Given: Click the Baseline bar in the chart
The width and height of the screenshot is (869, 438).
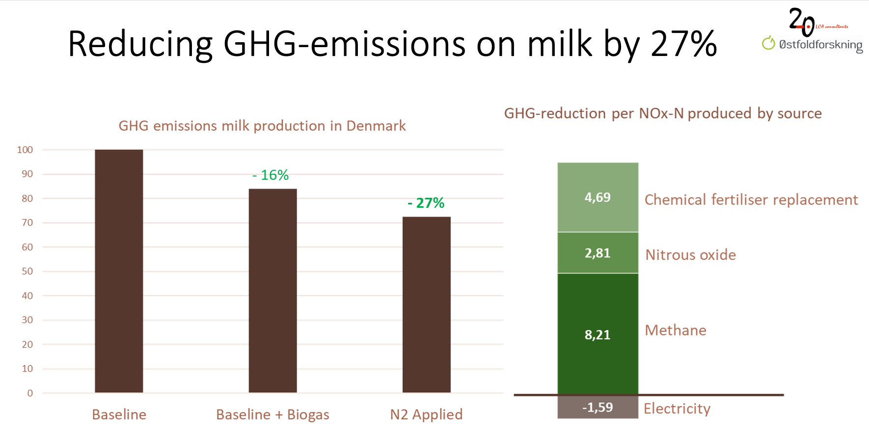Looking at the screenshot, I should (119, 271).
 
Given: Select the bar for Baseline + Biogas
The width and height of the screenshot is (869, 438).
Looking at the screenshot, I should (272, 291).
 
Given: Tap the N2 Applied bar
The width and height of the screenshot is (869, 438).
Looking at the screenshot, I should (426, 304).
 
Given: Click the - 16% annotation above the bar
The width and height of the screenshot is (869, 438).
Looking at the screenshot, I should (271, 175).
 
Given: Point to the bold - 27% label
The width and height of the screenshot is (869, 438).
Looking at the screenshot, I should (426, 203).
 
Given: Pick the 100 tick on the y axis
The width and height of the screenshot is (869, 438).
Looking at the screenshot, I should (25, 150).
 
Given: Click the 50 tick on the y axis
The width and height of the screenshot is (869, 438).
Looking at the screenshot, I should (27, 271).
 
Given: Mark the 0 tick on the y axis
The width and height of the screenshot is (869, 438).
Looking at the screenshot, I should (30, 393).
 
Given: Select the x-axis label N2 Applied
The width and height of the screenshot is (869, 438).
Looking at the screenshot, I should (426, 414).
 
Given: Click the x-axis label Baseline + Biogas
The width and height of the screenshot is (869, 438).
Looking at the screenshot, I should (272, 414).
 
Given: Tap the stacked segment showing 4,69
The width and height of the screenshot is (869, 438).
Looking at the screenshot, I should (597, 197).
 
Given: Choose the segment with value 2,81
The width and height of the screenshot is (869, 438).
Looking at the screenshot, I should (597, 253).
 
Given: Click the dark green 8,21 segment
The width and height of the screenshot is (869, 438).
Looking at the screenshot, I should (597, 334).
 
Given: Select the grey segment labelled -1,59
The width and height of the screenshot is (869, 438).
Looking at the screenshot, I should (597, 407).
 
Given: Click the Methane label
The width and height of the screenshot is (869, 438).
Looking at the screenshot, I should (676, 330).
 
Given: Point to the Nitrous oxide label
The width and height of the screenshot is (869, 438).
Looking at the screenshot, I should (690, 255).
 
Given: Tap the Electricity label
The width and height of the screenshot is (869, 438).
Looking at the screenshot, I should (677, 409).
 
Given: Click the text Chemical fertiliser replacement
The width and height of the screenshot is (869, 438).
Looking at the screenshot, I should (751, 200).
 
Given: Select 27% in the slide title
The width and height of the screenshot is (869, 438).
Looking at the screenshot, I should (684, 44).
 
